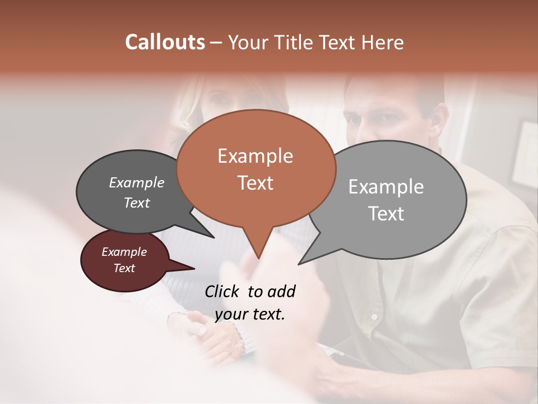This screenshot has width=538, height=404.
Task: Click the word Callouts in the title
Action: pos(165,42)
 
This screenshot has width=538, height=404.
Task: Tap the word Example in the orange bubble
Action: pos(255,156)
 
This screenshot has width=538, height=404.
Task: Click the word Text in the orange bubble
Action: pos(255,182)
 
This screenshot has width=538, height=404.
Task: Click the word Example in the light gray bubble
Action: pos(386,187)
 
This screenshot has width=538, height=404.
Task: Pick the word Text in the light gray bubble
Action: pos(386,213)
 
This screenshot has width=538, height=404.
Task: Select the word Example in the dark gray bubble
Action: pos(136,182)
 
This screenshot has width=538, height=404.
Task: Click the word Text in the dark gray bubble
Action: pos(136,203)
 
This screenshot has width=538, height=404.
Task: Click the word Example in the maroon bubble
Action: pos(124,252)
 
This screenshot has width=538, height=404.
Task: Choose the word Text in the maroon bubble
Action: pos(124,268)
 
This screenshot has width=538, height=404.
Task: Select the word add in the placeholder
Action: pos(281,291)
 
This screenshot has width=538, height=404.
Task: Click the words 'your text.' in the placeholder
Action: pos(249,314)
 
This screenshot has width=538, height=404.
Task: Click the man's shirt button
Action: pos(374,317)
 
